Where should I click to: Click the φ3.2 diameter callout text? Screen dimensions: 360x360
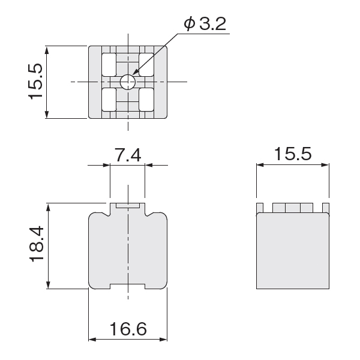coord(205,23)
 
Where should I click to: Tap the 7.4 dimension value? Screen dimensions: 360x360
coord(128,155)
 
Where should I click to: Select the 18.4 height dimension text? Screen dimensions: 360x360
coord(37,244)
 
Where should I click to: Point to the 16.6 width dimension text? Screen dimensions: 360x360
coord(128,329)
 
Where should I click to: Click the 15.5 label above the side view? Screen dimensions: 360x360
coord(293,154)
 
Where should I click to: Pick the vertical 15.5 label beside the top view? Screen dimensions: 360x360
coord(35,82)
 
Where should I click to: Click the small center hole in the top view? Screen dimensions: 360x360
coord(128,82)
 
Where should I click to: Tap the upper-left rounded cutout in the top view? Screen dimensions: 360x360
coord(109,65)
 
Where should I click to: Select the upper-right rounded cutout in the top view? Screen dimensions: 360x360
coord(146,65)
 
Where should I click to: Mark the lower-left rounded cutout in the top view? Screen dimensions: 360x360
coord(109,100)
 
